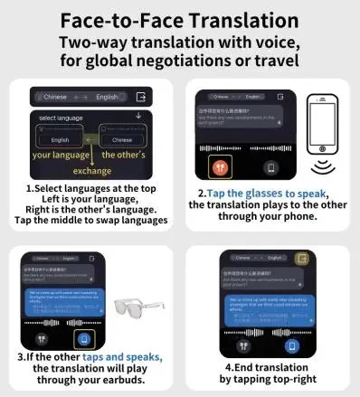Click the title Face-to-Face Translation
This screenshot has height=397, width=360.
coord(180,19)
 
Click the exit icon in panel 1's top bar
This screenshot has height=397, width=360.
coord(140,98)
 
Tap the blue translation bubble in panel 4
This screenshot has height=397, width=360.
coord(267,305)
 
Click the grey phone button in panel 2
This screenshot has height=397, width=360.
coord(269,168)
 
